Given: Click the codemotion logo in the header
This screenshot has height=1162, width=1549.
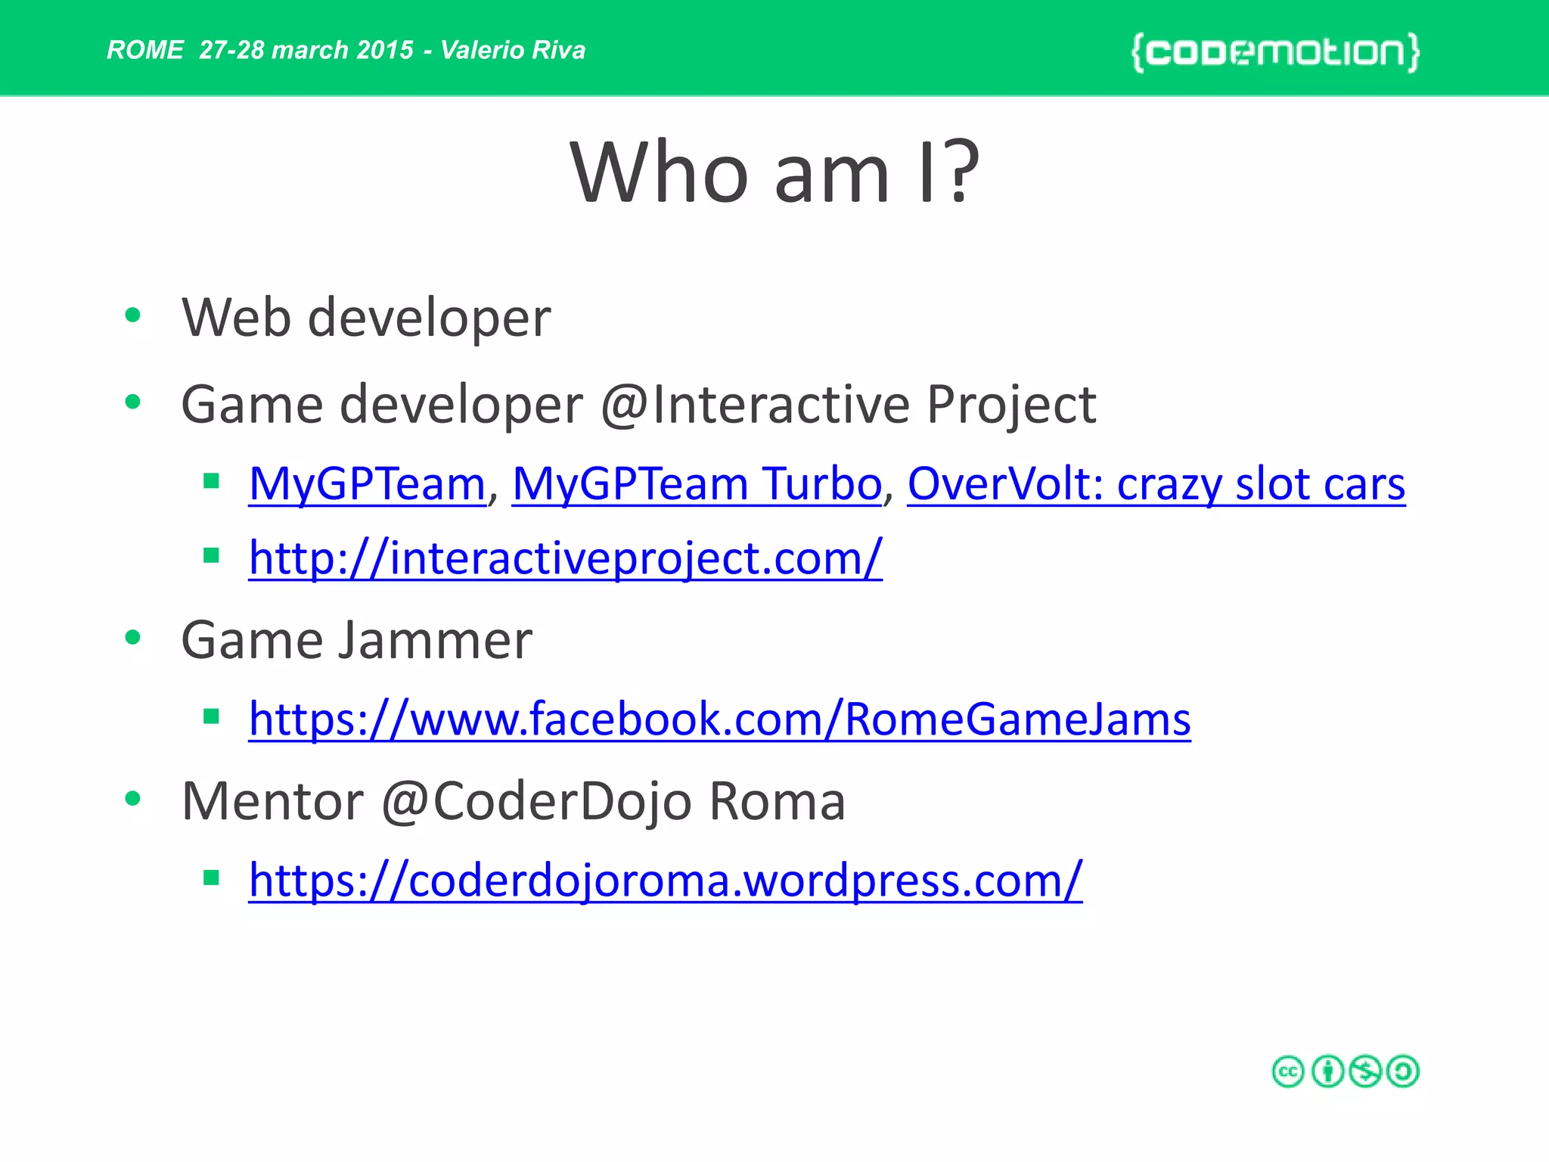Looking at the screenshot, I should (1275, 52).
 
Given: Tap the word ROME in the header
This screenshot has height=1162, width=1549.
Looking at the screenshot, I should (144, 50).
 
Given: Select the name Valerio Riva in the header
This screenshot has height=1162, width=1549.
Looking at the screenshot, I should (513, 50).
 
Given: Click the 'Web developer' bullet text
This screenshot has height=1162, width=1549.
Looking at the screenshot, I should (366, 318).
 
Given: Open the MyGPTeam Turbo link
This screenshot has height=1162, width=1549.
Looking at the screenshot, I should (697, 483).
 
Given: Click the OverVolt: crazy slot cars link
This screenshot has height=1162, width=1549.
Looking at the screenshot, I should (1156, 483).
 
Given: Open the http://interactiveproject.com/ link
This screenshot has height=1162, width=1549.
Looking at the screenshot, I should (565, 558).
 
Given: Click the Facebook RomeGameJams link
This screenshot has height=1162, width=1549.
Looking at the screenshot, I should (719, 719).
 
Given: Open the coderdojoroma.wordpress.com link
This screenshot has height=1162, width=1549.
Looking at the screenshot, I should (665, 880).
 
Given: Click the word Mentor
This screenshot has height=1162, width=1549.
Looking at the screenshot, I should (272, 801).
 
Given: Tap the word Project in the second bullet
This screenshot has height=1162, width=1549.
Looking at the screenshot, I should (1010, 404).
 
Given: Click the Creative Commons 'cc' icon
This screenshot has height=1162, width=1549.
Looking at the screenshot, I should (1288, 1071).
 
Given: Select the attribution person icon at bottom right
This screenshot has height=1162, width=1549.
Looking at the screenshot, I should (1327, 1071).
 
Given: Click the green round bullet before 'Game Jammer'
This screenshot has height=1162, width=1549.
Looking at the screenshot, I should (133, 638).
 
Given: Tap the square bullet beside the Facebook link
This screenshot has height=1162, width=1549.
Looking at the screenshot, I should (211, 716).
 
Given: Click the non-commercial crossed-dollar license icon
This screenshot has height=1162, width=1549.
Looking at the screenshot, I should (1365, 1071).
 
